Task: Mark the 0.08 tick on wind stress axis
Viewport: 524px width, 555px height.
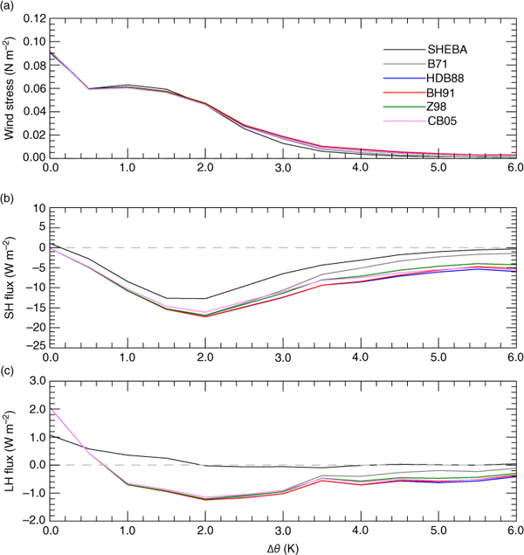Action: (x=30, y=66)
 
